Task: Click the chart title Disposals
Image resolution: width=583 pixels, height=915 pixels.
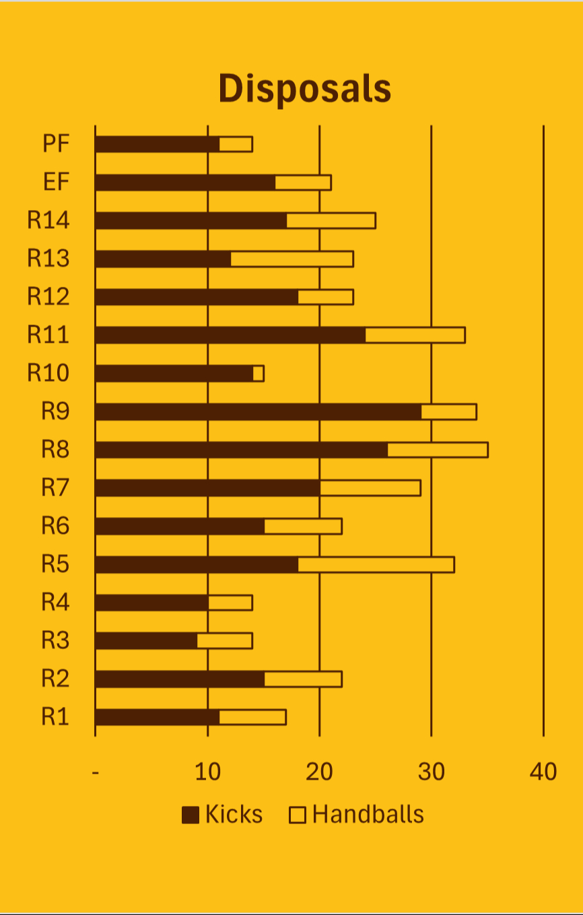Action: [x=304, y=89]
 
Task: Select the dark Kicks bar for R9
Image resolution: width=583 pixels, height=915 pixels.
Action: [x=259, y=411]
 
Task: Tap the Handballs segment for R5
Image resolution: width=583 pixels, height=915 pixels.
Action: [x=376, y=564]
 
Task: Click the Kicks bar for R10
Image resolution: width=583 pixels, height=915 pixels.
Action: [x=174, y=373]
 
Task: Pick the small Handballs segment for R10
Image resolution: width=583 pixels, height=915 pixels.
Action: [x=259, y=373]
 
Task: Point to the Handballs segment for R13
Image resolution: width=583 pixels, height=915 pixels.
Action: [x=291, y=259]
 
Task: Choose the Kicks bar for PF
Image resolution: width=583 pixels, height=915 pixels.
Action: [x=158, y=144]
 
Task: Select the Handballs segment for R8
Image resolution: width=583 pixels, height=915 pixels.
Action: [x=438, y=450]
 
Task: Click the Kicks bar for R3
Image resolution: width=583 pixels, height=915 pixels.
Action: [x=146, y=640]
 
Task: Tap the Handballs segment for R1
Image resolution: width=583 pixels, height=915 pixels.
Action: [x=252, y=717]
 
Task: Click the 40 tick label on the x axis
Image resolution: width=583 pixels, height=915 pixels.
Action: [x=543, y=772]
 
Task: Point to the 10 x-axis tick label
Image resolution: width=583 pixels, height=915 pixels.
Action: [x=207, y=772]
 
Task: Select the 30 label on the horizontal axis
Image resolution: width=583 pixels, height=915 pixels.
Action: [x=432, y=772]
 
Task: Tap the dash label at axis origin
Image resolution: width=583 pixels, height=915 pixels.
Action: [x=96, y=772]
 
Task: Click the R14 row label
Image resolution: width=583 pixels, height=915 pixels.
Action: [x=48, y=220]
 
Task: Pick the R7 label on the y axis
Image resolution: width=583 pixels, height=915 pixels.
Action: [x=55, y=487]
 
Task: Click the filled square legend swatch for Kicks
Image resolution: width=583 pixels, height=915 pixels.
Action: [x=191, y=815]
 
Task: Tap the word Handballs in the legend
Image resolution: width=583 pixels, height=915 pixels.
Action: [x=368, y=815]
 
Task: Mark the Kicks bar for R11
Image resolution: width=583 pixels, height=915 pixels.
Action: [x=230, y=335]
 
